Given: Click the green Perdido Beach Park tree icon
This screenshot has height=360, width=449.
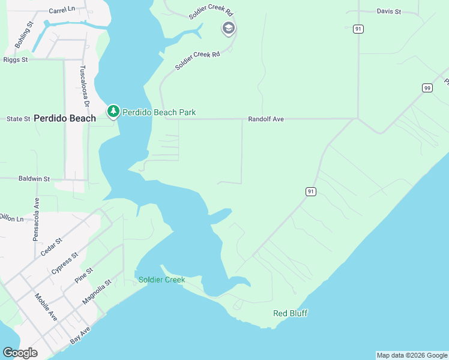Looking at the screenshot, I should [113, 111].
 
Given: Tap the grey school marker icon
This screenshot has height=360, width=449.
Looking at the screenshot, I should [228, 28].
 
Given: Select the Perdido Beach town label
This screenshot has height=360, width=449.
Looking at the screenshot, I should [65, 118].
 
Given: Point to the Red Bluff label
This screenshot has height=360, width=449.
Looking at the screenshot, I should [290, 313].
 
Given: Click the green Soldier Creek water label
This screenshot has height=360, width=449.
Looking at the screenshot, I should [161, 280].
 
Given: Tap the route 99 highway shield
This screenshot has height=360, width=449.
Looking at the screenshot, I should [427, 88].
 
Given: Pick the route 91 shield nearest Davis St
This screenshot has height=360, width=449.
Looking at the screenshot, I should [358, 29].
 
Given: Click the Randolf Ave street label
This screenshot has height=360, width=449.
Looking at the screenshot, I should [265, 119].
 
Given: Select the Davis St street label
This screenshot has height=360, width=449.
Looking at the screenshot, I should [388, 11].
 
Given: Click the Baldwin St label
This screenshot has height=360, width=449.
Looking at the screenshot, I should [34, 179].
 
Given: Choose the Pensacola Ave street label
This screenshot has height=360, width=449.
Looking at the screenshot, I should [36, 220].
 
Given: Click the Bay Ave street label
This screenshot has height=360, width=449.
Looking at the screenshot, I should [80, 335].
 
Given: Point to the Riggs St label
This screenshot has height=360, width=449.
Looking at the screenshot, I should [16, 60].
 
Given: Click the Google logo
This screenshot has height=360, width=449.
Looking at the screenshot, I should [20, 353].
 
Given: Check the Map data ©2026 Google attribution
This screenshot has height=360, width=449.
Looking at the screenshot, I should [412, 355].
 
